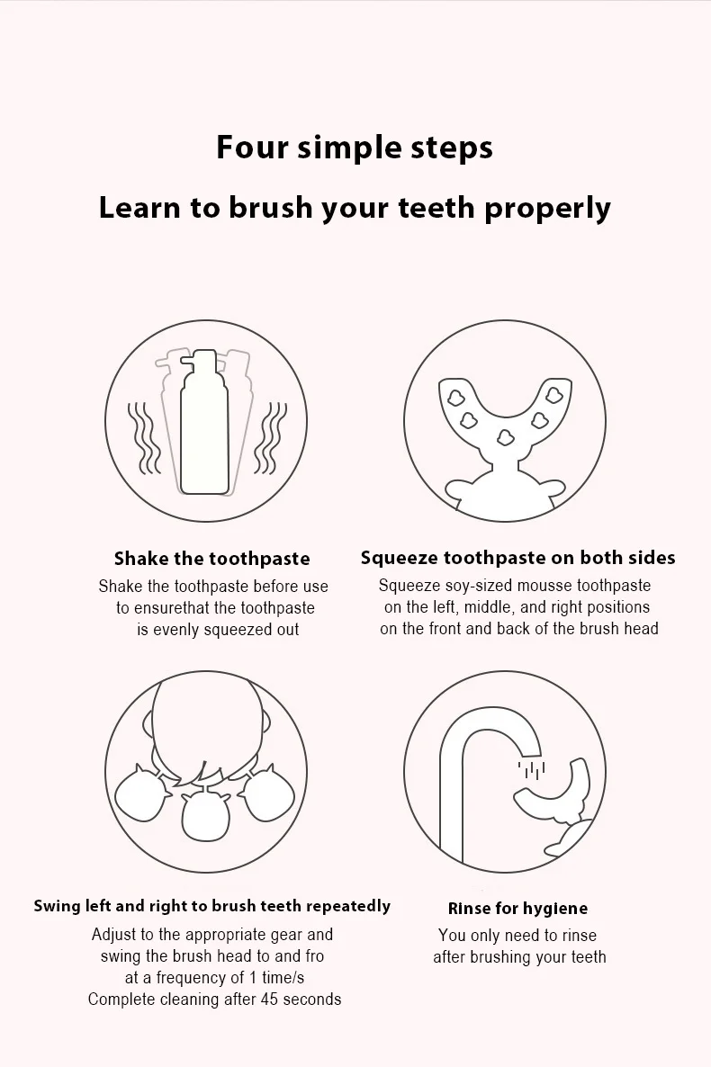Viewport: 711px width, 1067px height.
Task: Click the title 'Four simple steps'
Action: pyautogui.click(x=354, y=148)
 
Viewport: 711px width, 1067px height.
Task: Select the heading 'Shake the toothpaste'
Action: pyautogui.click(x=211, y=559)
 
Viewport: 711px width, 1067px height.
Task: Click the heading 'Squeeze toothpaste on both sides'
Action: pyautogui.click(x=518, y=558)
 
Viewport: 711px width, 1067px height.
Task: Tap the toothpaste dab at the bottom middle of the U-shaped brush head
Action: pyautogui.click(x=505, y=437)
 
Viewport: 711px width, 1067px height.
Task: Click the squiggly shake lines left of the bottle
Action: pyautogui.click(x=144, y=438)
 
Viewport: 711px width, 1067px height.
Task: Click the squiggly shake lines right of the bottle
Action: pyautogui.click(x=270, y=438)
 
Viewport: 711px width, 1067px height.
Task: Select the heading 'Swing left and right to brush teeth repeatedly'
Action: pyautogui.click(x=211, y=906)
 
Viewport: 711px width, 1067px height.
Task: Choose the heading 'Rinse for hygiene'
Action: pyautogui.click(x=517, y=909)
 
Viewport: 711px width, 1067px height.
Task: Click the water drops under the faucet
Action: pyautogui.click(x=531, y=769)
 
